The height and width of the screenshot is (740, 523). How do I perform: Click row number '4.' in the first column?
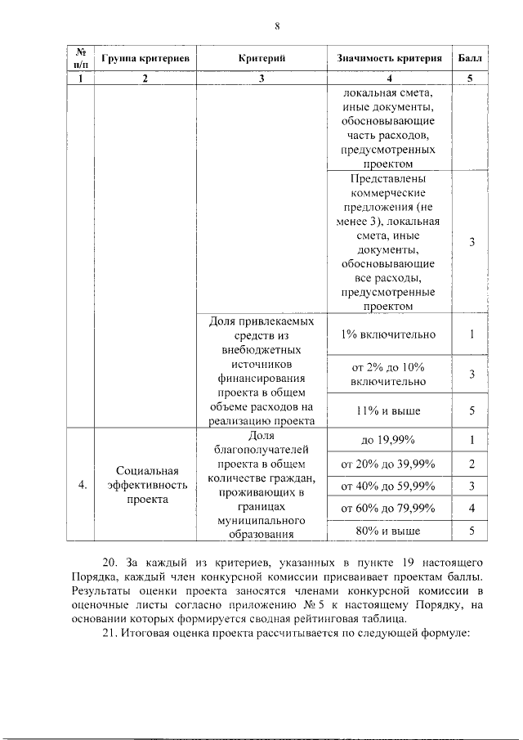point(82,486)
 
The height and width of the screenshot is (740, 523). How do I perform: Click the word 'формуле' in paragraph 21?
point(442,637)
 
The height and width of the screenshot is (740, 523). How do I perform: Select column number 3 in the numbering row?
point(261,79)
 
